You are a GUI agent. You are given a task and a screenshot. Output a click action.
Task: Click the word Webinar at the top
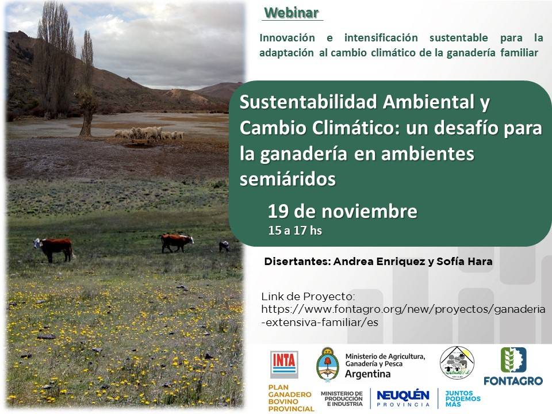[292, 12]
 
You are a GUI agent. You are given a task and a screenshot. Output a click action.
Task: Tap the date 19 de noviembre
[342, 212]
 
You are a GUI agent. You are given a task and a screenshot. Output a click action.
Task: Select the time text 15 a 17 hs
[295, 231]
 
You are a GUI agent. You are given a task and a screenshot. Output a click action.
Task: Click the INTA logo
[284, 365]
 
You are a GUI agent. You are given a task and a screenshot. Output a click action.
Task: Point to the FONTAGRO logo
[513, 366]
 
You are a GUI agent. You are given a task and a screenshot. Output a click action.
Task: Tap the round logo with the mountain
[457, 363]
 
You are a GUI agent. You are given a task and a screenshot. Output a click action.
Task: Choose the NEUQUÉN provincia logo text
[402, 397]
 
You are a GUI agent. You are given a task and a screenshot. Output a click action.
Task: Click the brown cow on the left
[54, 247]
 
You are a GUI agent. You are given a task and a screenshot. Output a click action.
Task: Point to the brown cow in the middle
[176, 241]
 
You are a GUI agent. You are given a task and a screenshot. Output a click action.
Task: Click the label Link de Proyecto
[308, 297]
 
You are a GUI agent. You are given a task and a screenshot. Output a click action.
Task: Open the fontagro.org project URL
[402, 309]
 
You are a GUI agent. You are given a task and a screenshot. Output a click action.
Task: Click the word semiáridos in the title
[287, 179]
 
